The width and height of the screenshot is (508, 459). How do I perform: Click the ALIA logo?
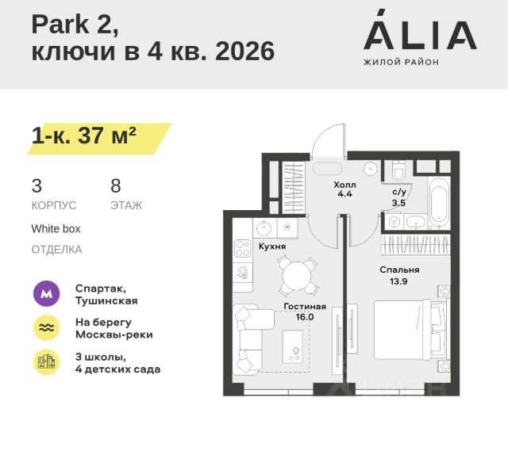[x=419, y=33]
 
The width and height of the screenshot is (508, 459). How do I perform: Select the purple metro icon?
[x=46, y=294]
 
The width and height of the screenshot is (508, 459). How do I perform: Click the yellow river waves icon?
[x=46, y=328]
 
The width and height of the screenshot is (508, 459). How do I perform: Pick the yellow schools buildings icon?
[x=46, y=362]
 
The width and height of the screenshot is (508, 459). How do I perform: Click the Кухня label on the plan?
[x=272, y=247]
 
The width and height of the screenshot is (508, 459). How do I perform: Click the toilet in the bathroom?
[x=398, y=169]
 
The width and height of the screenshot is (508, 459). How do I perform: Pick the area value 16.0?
[x=305, y=316]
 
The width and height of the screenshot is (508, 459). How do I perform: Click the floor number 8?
[x=116, y=186]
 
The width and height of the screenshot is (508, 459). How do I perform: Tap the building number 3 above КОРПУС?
[x=37, y=186]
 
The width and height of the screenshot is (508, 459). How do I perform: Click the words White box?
[x=56, y=228]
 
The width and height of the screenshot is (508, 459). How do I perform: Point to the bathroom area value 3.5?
[x=399, y=203]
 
